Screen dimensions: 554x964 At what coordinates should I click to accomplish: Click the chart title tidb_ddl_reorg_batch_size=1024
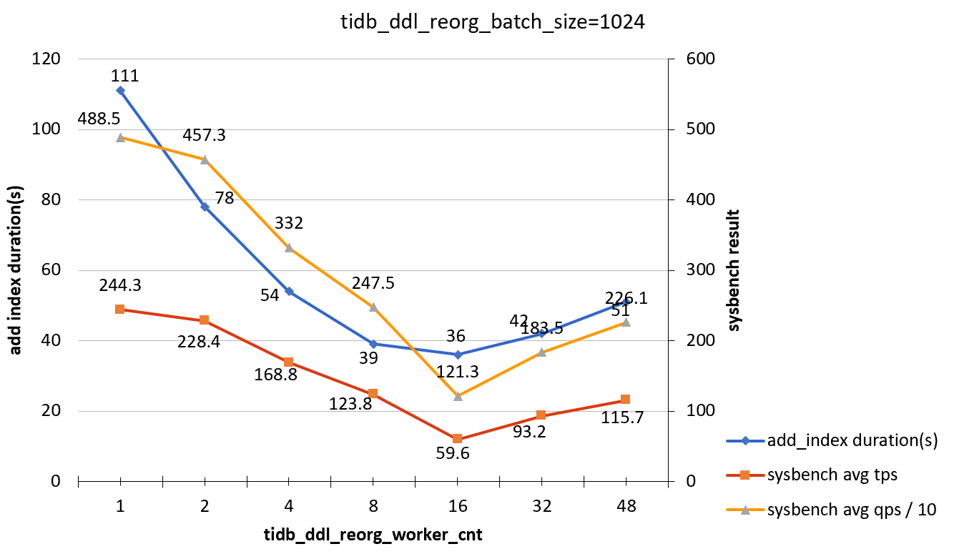point(493,22)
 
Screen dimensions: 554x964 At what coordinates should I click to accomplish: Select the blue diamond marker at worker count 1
point(120,90)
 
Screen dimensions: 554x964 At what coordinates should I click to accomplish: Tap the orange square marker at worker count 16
point(458,439)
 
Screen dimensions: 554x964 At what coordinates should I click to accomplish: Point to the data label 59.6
point(452,453)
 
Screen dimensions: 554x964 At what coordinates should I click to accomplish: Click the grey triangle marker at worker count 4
point(289,247)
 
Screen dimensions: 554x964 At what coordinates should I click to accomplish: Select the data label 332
point(289,223)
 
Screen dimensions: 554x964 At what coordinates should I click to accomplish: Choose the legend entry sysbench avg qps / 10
point(851,510)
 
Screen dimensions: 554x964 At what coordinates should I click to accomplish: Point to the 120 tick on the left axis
point(45,59)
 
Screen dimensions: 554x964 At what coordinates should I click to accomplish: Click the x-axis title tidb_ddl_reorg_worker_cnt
point(373,535)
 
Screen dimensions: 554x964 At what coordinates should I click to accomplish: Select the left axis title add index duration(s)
point(15,270)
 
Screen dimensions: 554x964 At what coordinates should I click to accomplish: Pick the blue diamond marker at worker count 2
point(205,207)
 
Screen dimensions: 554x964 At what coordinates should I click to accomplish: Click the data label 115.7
point(622,417)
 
